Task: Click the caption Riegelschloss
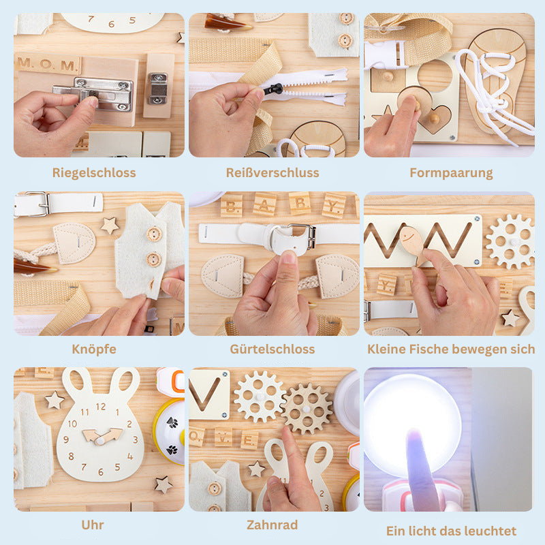[94, 172]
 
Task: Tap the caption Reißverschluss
[272, 172]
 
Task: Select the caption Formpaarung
[451, 172]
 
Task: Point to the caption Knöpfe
[94, 349]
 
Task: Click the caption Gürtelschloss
[272, 349]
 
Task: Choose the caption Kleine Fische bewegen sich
[451, 349]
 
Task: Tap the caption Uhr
[94, 525]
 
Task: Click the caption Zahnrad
[272, 525]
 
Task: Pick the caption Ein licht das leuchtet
[451, 531]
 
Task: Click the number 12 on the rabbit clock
[100, 407]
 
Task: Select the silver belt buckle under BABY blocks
[301, 236]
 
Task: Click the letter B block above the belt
[232, 204]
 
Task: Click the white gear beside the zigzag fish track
[510, 240]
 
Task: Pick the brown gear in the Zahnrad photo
[307, 408]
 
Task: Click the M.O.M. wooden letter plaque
[48, 65]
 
